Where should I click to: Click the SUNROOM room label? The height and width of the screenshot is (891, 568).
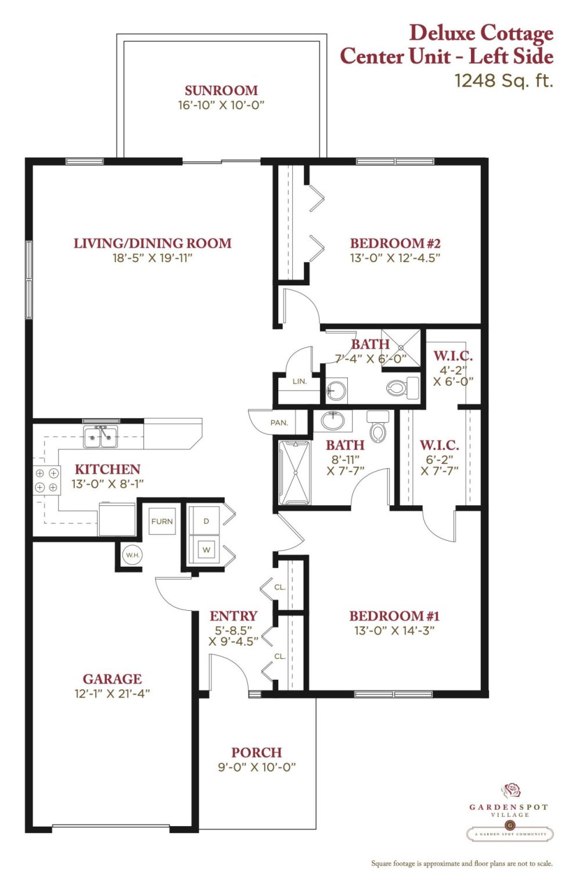point(221,90)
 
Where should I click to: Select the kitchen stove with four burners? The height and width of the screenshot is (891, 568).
point(46,480)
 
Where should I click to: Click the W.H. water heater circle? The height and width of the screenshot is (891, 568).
point(132,555)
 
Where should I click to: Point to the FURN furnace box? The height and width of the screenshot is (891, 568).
point(162,521)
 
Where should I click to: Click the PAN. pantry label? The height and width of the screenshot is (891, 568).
point(279,422)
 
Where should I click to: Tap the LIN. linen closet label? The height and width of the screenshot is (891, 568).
point(300,381)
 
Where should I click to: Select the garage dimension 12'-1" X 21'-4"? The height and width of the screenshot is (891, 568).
point(112,693)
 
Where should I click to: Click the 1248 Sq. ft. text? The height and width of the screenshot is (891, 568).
point(504,81)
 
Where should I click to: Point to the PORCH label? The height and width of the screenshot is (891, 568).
point(257,752)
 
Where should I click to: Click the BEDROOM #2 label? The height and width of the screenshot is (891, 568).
point(395,243)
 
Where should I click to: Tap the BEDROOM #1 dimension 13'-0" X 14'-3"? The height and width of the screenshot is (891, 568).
point(394,631)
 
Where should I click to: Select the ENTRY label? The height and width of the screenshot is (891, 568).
point(233,615)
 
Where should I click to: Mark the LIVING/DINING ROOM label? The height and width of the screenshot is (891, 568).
point(153,243)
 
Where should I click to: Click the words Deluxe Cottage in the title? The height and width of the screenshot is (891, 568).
point(481,32)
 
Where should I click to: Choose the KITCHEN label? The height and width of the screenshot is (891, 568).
point(107,469)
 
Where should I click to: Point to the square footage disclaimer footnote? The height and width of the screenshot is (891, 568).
point(462,864)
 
